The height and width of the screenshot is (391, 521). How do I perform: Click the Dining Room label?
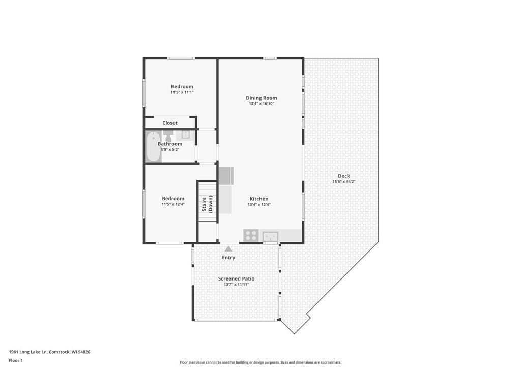click(261, 98)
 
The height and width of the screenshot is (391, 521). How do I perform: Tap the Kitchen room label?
click(259, 199)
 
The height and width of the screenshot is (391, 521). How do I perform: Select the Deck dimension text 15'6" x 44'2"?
click(344, 182)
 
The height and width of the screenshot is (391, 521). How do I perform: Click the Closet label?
click(170, 123)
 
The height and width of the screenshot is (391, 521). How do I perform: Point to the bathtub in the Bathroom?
click(153, 147)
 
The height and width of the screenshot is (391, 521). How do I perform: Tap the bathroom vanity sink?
click(185, 134)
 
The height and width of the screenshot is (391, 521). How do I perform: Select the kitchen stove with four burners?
click(251, 236)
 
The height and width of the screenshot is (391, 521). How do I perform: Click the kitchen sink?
click(271, 237)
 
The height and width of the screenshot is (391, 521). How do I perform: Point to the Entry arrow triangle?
click(228, 248)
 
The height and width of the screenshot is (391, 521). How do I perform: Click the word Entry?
click(228, 257)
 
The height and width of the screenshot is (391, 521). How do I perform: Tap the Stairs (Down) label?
click(208, 204)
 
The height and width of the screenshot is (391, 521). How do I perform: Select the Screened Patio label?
click(236, 278)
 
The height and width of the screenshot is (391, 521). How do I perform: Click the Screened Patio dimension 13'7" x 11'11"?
click(236, 285)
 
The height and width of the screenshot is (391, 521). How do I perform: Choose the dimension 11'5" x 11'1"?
click(182, 92)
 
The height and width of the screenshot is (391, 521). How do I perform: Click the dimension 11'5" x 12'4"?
click(173, 204)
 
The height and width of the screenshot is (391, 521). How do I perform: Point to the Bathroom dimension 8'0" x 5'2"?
click(170, 149)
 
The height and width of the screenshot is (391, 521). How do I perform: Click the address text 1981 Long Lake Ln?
click(28, 352)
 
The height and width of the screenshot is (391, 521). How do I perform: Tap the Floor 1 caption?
click(16, 360)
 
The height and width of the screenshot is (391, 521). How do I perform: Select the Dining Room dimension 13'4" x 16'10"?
click(262, 104)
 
